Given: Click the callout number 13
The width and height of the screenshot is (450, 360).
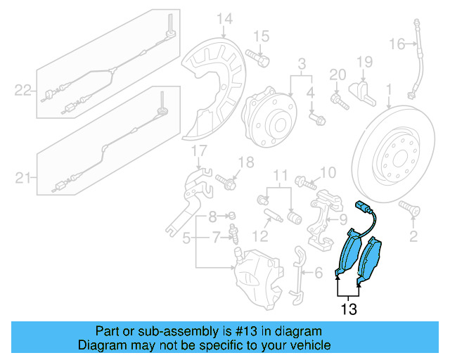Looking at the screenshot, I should point(349,309).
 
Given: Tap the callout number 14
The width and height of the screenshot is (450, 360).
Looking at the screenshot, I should point(224,19).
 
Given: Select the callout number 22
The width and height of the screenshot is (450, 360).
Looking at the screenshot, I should point(23,89).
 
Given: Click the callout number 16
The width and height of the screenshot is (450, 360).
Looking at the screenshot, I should point(397,44).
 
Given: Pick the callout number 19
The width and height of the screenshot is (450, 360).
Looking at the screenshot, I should point(365,63).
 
